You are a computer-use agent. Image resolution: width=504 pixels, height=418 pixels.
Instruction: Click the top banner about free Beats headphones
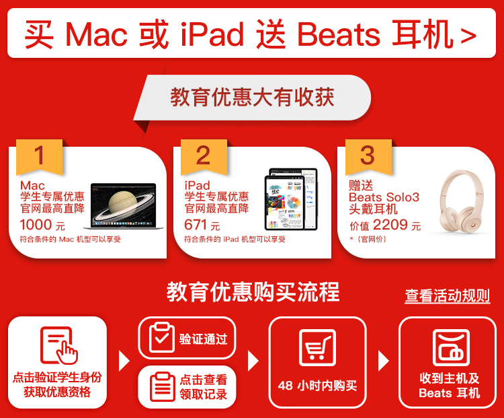[x=251, y=33]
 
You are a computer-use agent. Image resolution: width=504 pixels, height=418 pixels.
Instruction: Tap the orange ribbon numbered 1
[x=39, y=157]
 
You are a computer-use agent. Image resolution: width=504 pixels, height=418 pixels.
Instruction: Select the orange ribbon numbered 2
[x=204, y=157]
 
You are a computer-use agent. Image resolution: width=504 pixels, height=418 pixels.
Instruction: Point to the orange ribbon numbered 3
[x=368, y=157]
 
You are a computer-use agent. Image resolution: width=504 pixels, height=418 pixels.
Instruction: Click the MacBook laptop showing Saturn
[x=124, y=206]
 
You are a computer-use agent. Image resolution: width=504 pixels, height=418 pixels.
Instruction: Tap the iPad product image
[x=291, y=199]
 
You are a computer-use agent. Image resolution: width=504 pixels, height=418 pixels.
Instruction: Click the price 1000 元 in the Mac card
[x=42, y=225]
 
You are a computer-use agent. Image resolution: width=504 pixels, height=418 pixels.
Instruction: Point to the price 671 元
[x=202, y=225]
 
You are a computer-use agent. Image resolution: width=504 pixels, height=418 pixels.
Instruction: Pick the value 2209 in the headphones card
[x=390, y=224]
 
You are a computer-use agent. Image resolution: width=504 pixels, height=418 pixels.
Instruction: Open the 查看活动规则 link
[x=447, y=295]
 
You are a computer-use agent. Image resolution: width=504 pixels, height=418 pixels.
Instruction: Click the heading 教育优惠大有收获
[x=252, y=97]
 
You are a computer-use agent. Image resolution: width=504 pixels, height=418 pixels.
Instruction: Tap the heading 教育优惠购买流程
[x=253, y=291]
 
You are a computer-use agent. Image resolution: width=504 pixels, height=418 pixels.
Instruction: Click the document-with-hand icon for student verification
[x=58, y=345]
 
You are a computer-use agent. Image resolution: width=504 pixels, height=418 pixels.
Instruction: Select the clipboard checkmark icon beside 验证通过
[x=162, y=337]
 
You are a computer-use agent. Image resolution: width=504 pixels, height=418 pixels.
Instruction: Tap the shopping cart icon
[x=318, y=347]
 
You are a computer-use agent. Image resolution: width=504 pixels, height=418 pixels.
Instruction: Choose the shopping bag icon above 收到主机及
[x=451, y=347]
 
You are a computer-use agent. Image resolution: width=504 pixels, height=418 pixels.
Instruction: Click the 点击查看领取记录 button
[x=187, y=387]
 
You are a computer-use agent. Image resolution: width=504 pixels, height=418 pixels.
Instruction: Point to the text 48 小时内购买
[x=317, y=386]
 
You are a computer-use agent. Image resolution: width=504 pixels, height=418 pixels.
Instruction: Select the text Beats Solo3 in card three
[x=384, y=197]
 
